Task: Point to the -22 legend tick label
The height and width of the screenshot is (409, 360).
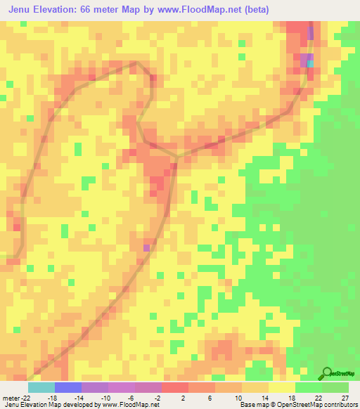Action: point(25,397)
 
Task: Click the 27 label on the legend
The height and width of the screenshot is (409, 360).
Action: point(346,397)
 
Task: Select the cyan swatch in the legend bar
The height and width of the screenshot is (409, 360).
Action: point(41,387)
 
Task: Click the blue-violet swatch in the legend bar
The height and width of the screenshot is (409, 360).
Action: point(68,387)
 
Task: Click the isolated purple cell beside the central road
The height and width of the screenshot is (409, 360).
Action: point(147,247)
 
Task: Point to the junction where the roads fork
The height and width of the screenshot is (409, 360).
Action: point(175,157)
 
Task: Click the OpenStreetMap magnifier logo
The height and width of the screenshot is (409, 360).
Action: point(328,374)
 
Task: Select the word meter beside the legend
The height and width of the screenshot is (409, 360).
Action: point(10,397)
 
